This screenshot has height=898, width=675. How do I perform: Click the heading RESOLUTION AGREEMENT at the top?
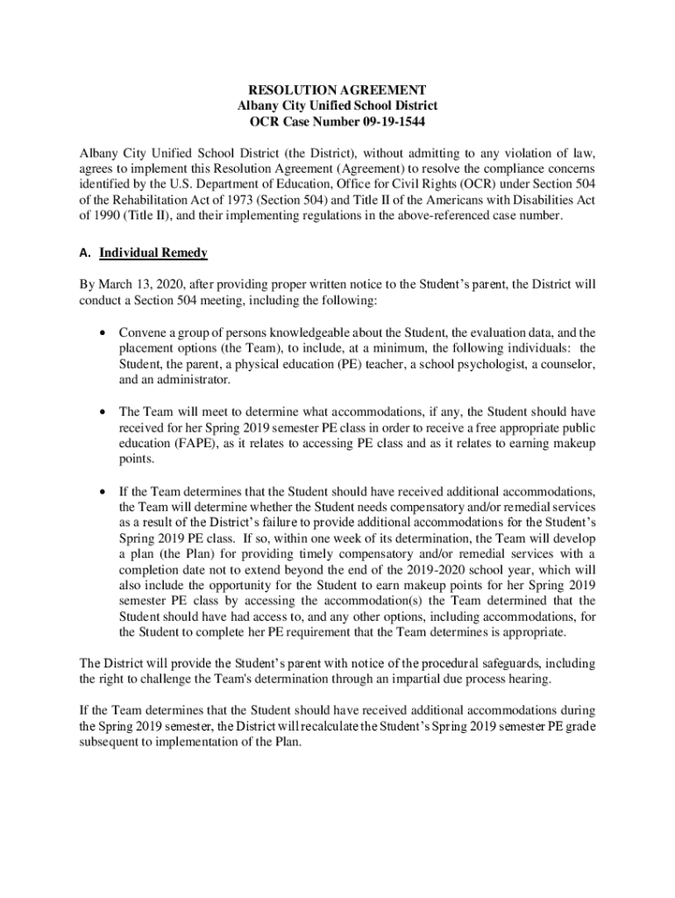point(337,89)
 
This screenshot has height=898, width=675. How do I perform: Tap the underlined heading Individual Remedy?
point(153,253)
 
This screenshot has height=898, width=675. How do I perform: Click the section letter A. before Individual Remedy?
point(85,253)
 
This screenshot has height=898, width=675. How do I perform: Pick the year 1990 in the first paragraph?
point(109,217)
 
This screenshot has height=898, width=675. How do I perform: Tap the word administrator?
point(193,380)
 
